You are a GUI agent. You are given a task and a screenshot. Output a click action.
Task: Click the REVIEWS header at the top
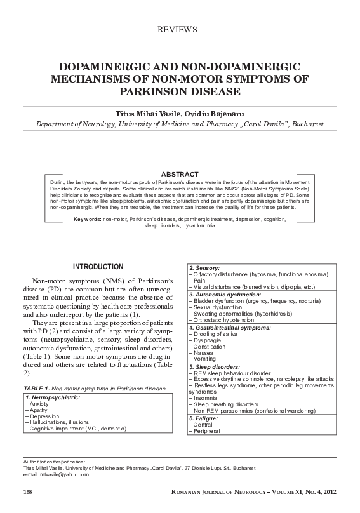point(180,30)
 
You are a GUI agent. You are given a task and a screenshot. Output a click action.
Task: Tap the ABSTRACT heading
point(180,174)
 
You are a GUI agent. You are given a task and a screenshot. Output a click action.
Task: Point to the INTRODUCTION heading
point(98,266)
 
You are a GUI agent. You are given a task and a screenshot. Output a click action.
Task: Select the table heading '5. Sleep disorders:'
point(215,368)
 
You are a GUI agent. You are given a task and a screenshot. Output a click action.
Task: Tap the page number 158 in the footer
point(28,493)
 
